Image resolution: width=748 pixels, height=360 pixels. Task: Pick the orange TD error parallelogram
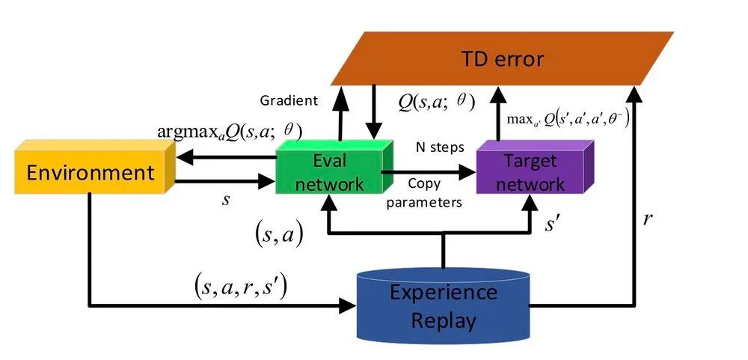click(494, 58)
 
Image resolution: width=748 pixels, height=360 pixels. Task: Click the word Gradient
click(289, 100)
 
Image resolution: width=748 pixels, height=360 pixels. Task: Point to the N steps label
click(441, 147)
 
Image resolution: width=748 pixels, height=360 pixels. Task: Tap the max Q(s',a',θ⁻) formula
click(568, 118)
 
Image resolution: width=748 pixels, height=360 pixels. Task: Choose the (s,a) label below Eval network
click(278, 236)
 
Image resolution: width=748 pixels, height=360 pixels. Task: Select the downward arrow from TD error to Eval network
click(372, 112)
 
